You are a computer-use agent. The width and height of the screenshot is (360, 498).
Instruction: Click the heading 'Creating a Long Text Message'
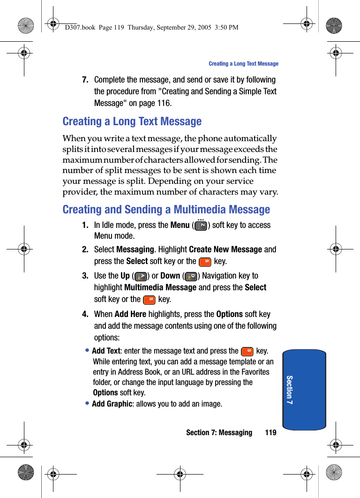pyautogui.click(x=132, y=121)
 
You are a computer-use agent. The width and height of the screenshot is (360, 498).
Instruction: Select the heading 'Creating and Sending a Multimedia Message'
pyautogui.click(x=166, y=210)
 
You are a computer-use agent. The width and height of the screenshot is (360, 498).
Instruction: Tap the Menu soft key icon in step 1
pyautogui.click(x=201, y=225)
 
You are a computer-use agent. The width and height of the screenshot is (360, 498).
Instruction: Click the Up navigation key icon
pyautogui.click(x=140, y=276)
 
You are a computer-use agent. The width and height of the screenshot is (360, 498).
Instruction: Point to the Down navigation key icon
pyautogui.click(x=190, y=276)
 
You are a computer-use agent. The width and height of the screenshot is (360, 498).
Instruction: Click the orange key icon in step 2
pyautogui.click(x=205, y=262)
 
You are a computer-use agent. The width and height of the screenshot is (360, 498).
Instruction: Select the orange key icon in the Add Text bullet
pyautogui.click(x=247, y=351)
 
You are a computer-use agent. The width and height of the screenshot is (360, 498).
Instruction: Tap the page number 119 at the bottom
pyautogui.click(x=270, y=432)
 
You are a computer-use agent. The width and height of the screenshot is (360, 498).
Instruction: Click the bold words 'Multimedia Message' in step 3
pyautogui.click(x=160, y=287)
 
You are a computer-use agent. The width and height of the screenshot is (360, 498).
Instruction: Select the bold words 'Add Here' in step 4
pyautogui.click(x=130, y=314)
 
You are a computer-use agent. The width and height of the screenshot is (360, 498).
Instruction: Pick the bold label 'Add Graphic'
pyautogui.click(x=112, y=404)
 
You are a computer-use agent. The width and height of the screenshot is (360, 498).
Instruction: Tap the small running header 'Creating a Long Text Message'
pyautogui.click(x=243, y=64)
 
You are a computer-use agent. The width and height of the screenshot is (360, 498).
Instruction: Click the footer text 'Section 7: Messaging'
pyautogui.click(x=219, y=432)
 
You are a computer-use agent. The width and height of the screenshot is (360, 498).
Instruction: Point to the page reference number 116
pyautogui.click(x=164, y=103)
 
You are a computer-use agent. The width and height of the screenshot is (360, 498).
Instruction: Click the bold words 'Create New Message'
pyautogui.click(x=225, y=249)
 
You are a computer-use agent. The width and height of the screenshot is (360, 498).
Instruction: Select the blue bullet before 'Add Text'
pyautogui.click(x=88, y=350)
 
